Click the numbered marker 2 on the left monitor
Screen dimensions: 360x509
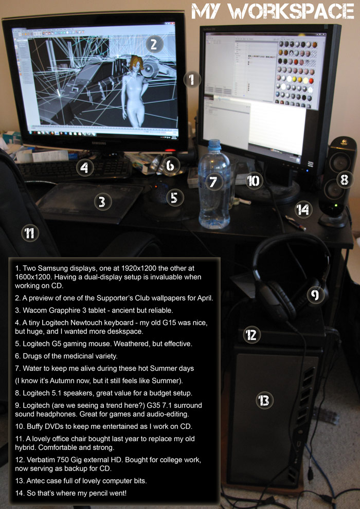tap(154, 44)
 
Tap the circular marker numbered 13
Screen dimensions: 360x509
tap(264, 401)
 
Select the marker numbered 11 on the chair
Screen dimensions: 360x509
tap(29, 233)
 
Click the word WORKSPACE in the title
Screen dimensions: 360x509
tap(292, 11)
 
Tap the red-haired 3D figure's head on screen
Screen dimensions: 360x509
tap(136, 64)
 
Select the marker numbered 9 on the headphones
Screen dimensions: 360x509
tap(315, 295)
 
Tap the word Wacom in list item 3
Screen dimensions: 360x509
tap(31, 311)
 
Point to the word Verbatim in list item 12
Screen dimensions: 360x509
tap(35, 460)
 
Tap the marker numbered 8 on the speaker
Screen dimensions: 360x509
tap(345, 179)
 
